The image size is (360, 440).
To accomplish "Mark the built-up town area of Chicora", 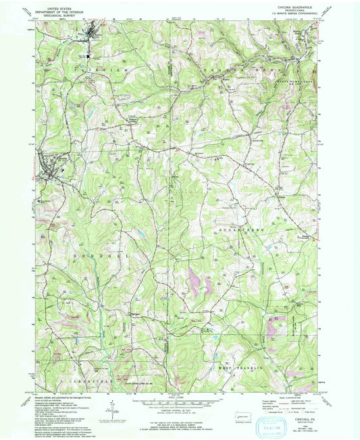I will (x=49, y=165).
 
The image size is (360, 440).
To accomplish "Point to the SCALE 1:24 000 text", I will (x=180, y=395).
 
